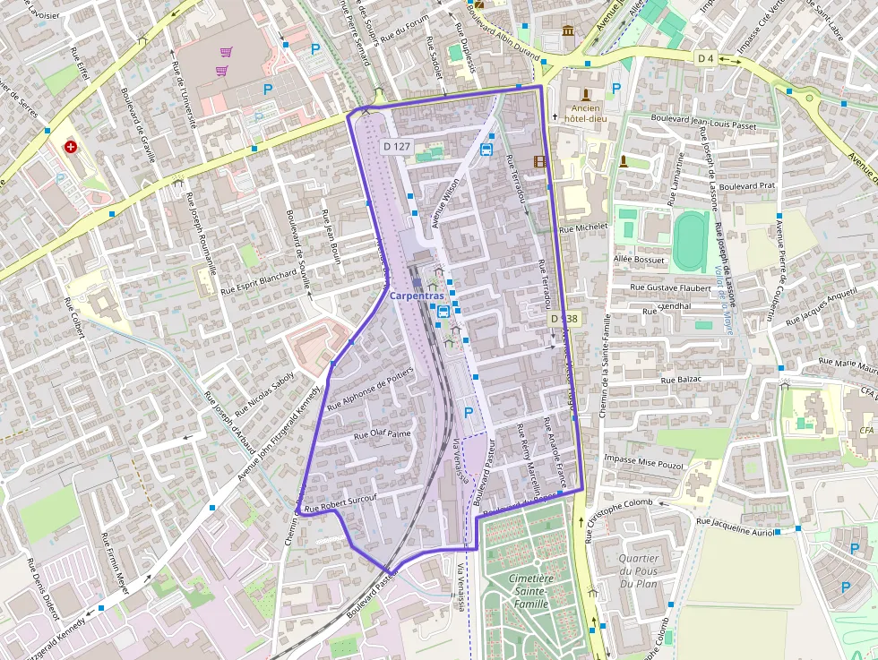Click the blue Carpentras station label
point(417,296)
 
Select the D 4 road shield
point(705,58)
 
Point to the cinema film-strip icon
point(539,162)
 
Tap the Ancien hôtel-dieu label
point(586,116)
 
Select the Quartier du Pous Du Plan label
point(639,571)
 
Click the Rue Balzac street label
point(681,379)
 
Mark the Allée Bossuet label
point(640,260)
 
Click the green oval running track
point(690,239)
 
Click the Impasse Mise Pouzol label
point(644,461)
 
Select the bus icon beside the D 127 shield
point(486,149)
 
